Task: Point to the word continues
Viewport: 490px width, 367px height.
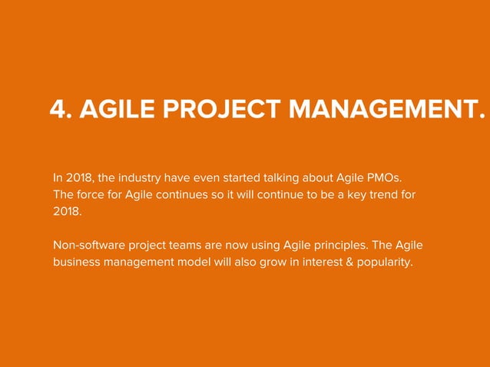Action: pyautogui.click(x=181, y=194)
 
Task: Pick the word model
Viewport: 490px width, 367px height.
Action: pyautogui.click(x=198, y=263)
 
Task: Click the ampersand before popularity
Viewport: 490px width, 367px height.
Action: pyautogui.click(x=346, y=263)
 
